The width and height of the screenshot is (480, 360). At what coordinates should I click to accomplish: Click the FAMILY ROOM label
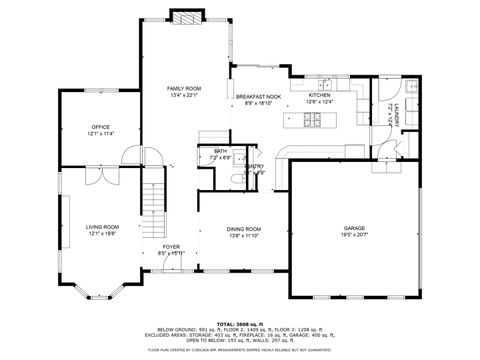coord(183,89)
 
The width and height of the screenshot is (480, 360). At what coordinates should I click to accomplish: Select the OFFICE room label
coord(100,127)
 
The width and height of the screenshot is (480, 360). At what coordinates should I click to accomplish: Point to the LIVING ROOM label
coord(101,226)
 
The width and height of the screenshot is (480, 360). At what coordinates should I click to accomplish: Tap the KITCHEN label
coord(319,95)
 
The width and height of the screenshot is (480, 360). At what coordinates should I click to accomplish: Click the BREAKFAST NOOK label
coord(257,96)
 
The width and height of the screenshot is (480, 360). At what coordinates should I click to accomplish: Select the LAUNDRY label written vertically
coord(396,113)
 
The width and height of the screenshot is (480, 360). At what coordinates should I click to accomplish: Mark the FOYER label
coord(172,245)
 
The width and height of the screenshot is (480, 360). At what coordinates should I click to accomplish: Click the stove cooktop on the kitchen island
coord(313,122)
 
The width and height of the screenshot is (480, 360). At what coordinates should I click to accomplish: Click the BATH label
coord(219,151)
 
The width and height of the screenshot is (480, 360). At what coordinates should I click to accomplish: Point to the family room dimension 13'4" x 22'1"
coord(183,96)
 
